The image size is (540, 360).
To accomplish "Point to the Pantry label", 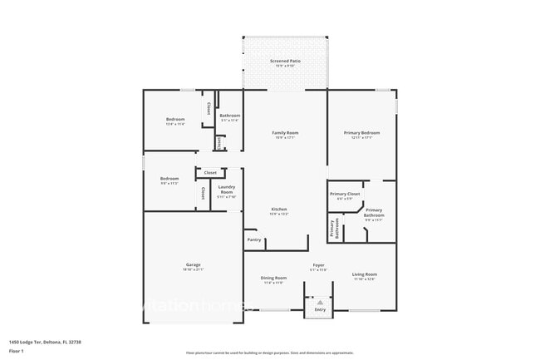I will pos(254,239).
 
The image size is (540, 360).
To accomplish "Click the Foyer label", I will pos(318,267).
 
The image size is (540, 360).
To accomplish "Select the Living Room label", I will pos(364,276).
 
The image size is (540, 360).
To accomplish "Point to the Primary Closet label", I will pos(346,195).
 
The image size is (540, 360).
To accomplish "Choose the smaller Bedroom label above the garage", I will pos(169,180).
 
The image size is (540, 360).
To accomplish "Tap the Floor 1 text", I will pos(17,351).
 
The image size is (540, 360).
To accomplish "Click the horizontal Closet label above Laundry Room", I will pos(210,172).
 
